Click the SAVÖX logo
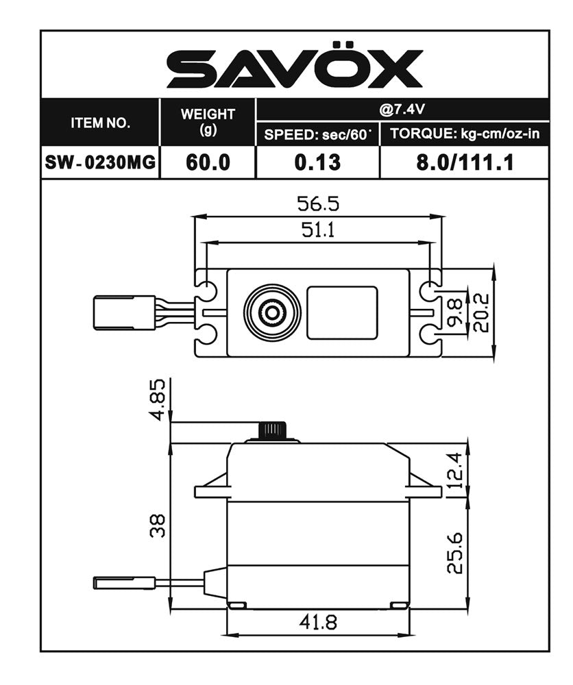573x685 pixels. point(294,68)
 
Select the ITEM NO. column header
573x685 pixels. point(100,123)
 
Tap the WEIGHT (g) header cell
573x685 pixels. point(207,122)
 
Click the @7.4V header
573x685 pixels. point(402,109)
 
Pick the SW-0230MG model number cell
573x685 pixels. point(100,163)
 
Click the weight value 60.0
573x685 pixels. point(207,163)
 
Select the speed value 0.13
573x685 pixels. point(317,163)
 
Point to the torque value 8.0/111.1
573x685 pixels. point(465,163)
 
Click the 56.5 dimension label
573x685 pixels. point(317,204)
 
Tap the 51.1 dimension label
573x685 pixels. point(317,230)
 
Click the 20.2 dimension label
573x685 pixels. point(481,313)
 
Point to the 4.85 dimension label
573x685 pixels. point(158,399)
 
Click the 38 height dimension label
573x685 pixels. point(158,526)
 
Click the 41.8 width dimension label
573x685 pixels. point(317,622)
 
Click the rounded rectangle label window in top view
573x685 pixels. point(341,313)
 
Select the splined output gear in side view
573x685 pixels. point(276,431)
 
